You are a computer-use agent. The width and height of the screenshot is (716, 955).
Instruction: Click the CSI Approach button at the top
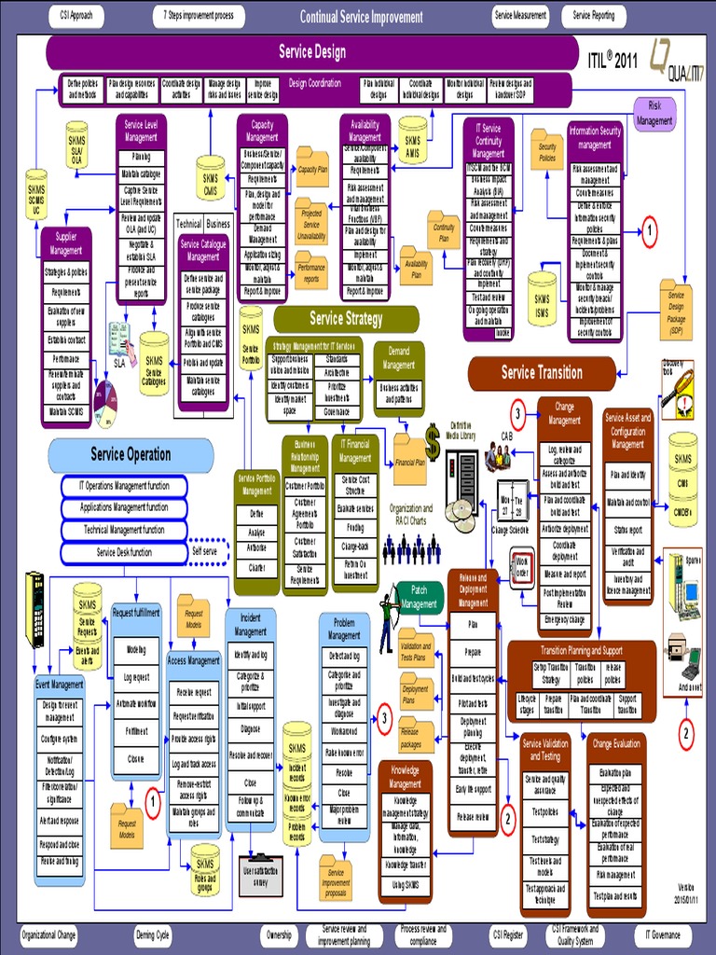tap(76, 16)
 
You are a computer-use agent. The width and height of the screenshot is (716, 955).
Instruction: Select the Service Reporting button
tap(593, 16)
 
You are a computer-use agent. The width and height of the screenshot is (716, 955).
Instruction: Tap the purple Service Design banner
tap(312, 52)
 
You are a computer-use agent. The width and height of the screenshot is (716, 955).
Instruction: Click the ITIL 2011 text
tap(612, 57)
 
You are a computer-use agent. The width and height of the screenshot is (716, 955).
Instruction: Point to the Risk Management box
tap(654, 114)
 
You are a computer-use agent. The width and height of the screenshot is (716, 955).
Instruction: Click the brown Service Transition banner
tap(542, 372)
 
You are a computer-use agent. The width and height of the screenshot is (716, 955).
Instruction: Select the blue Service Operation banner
tap(131, 454)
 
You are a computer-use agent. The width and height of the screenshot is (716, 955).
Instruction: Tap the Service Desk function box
tap(124, 552)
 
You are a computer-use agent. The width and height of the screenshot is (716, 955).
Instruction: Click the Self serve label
tap(204, 550)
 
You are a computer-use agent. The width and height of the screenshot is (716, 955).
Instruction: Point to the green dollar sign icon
tap(433, 436)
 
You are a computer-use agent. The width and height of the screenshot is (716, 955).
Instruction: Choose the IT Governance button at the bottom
tap(663, 934)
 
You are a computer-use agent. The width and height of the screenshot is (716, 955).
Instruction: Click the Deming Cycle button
tap(152, 934)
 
